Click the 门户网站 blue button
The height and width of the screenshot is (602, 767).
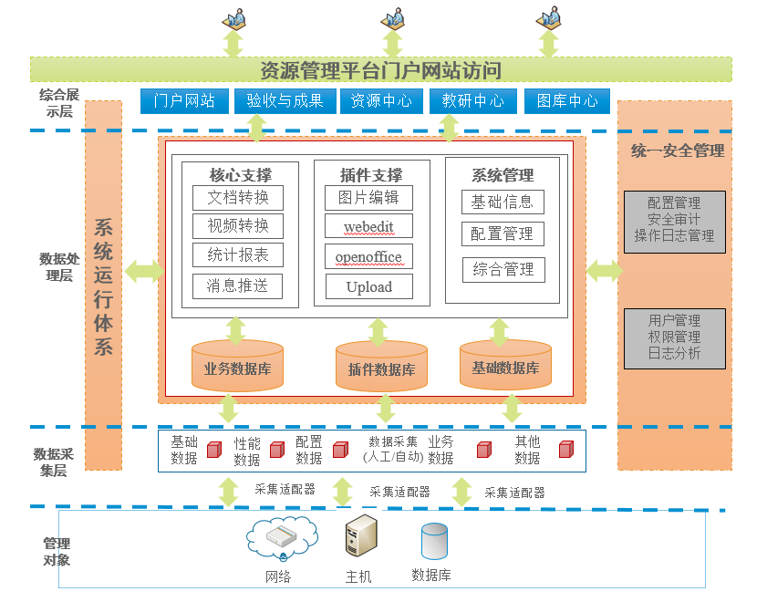pyautogui.click(x=184, y=101)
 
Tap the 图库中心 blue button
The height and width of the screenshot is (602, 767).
pyautogui.click(x=567, y=101)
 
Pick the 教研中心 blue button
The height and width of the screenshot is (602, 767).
pyautogui.click(x=472, y=101)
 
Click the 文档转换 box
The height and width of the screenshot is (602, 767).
pyautogui.click(x=238, y=198)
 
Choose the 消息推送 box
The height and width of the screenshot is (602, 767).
pyautogui.click(x=238, y=286)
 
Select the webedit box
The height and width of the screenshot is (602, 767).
pyautogui.click(x=368, y=226)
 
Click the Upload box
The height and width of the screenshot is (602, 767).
pyautogui.click(x=368, y=286)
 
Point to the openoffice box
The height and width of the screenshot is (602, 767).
pyautogui.click(x=368, y=256)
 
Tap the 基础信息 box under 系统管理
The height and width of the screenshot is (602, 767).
pyautogui.click(x=502, y=202)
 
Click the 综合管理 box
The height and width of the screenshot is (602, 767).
pyautogui.click(x=503, y=269)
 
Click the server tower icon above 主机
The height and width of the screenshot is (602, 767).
pyautogui.click(x=359, y=535)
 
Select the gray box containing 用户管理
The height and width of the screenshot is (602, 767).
pyautogui.click(x=675, y=337)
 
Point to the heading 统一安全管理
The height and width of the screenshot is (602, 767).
pyautogui.click(x=677, y=150)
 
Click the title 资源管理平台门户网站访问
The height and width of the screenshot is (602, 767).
pyautogui.click(x=380, y=70)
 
